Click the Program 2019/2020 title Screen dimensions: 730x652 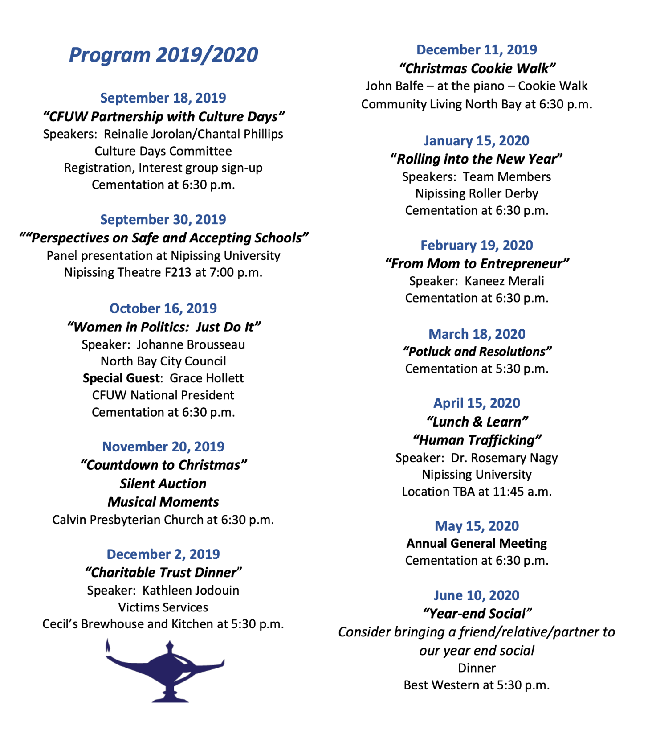pyautogui.click(x=163, y=55)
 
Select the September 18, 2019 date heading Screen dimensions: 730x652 pyautogui.click(x=163, y=98)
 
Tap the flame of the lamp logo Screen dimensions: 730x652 pyautogui.click(x=108, y=646)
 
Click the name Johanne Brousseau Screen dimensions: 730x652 pyautogui.click(x=191, y=344)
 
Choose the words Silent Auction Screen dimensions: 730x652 pyautogui.click(x=163, y=484)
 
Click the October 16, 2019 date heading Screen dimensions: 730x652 pyautogui.click(x=163, y=308)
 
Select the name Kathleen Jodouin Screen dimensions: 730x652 pyautogui.click(x=191, y=590)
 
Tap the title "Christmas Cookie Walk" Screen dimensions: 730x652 pyautogui.click(x=477, y=68)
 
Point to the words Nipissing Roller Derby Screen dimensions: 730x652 pyautogui.click(x=477, y=193)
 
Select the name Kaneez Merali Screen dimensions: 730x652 pyautogui.click(x=504, y=281)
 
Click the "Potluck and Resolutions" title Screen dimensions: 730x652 pyautogui.click(x=477, y=352)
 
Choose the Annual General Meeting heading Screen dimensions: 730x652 pyautogui.click(x=477, y=543)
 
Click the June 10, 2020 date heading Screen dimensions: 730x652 pyautogui.click(x=477, y=595)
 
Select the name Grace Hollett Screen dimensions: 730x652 pyautogui.click(x=207, y=378)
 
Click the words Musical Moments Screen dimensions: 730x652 pyautogui.click(x=163, y=502)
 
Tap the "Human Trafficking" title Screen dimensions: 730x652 pyautogui.click(x=477, y=440)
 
